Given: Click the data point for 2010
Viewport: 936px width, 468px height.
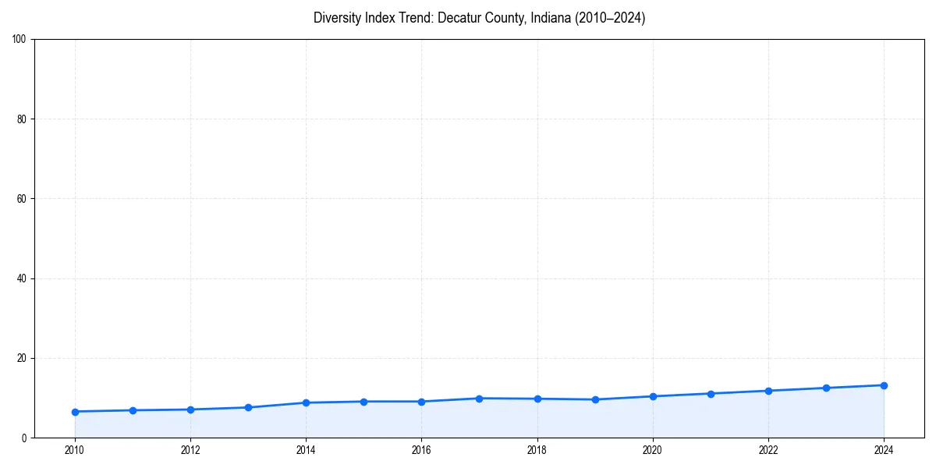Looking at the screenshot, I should (x=75, y=411).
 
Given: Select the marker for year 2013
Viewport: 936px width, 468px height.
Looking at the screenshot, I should (x=248, y=407).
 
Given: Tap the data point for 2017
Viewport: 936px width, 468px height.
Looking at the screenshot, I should (x=479, y=399).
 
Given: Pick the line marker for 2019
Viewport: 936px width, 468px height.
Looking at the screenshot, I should (x=595, y=399).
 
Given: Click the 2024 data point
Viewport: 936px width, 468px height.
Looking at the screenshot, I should (x=884, y=385).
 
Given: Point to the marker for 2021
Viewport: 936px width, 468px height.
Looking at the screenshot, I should (x=711, y=394).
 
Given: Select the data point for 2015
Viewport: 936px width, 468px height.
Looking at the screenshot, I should (x=363, y=402).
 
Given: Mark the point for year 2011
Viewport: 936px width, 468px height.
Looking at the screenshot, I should (x=133, y=410).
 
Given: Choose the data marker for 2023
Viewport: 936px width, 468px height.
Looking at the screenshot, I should (x=826, y=388).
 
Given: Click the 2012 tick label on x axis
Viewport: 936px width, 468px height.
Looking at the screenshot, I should (x=190, y=450).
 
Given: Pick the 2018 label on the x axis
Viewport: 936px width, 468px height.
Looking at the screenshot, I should (x=537, y=450).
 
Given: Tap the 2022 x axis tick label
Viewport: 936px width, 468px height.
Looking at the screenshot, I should (x=768, y=450).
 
